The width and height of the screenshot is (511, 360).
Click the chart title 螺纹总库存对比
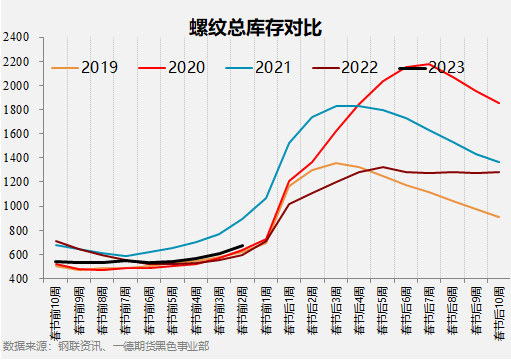255,25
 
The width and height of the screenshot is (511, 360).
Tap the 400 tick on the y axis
20,278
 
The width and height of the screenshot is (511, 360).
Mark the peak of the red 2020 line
429,65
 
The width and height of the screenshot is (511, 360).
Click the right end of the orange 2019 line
498,217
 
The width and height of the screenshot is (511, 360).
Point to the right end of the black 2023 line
243,246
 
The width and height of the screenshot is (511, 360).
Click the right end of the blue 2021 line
498,162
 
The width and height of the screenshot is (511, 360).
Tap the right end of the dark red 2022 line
498,172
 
